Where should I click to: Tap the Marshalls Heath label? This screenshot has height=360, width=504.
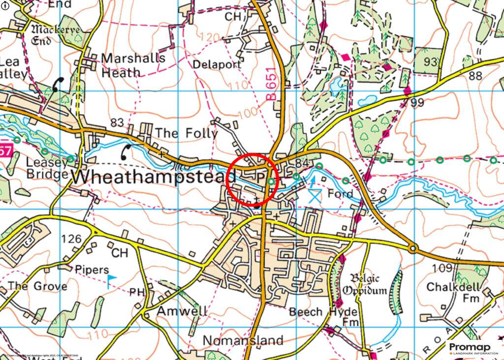(133, 64)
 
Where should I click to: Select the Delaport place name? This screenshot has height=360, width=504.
(217, 64)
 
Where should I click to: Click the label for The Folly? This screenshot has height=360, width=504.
(186, 133)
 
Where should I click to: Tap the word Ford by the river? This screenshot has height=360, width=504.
(341, 194)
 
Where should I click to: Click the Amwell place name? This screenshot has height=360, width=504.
(182, 311)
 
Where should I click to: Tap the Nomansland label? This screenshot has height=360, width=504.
(243, 340)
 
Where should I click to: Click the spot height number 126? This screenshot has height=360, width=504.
(71, 239)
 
